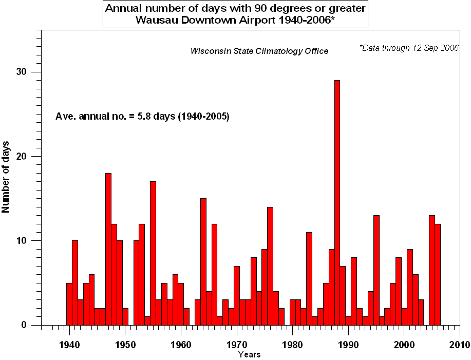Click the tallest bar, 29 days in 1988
point(337,202)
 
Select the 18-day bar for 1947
point(108,249)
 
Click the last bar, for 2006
point(438,274)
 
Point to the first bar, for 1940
point(69,304)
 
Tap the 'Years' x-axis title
point(249,354)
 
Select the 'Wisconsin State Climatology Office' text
point(259,51)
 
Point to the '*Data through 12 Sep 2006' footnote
point(409,48)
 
